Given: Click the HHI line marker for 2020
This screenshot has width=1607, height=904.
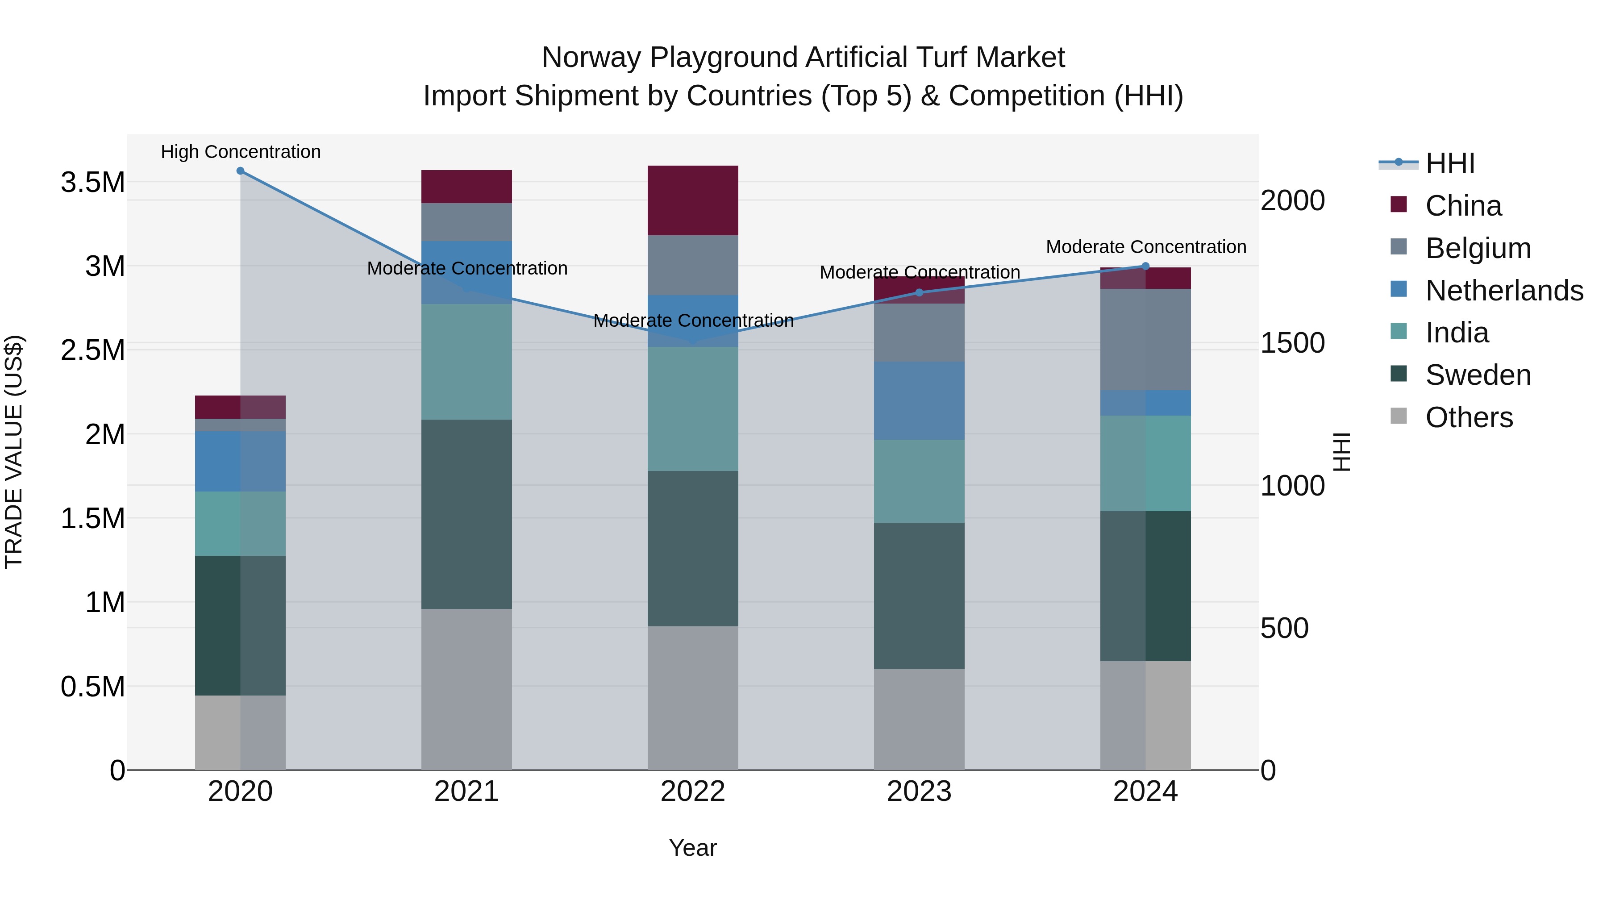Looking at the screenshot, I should (x=240, y=171).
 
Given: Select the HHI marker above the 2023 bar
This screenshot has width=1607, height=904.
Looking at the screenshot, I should (x=919, y=292).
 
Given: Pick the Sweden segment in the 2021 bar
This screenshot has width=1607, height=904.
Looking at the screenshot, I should (x=466, y=514).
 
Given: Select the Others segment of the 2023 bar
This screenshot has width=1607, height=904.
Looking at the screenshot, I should (x=919, y=719).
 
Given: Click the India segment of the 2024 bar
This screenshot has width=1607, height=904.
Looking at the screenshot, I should (x=1145, y=463).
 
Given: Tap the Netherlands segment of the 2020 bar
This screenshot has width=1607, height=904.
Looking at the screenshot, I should (x=240, y=462).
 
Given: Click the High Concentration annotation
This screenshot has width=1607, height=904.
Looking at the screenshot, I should (x=241, y=152).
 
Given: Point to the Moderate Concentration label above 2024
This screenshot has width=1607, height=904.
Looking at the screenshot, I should (x=1146, y=247).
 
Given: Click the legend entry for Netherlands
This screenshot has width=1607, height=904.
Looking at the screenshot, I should (x=1504, y=291).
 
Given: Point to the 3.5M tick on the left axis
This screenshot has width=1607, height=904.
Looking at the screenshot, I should (x=92, y=183).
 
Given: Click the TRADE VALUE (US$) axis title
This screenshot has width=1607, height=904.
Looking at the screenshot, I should (x=14, y=452).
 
